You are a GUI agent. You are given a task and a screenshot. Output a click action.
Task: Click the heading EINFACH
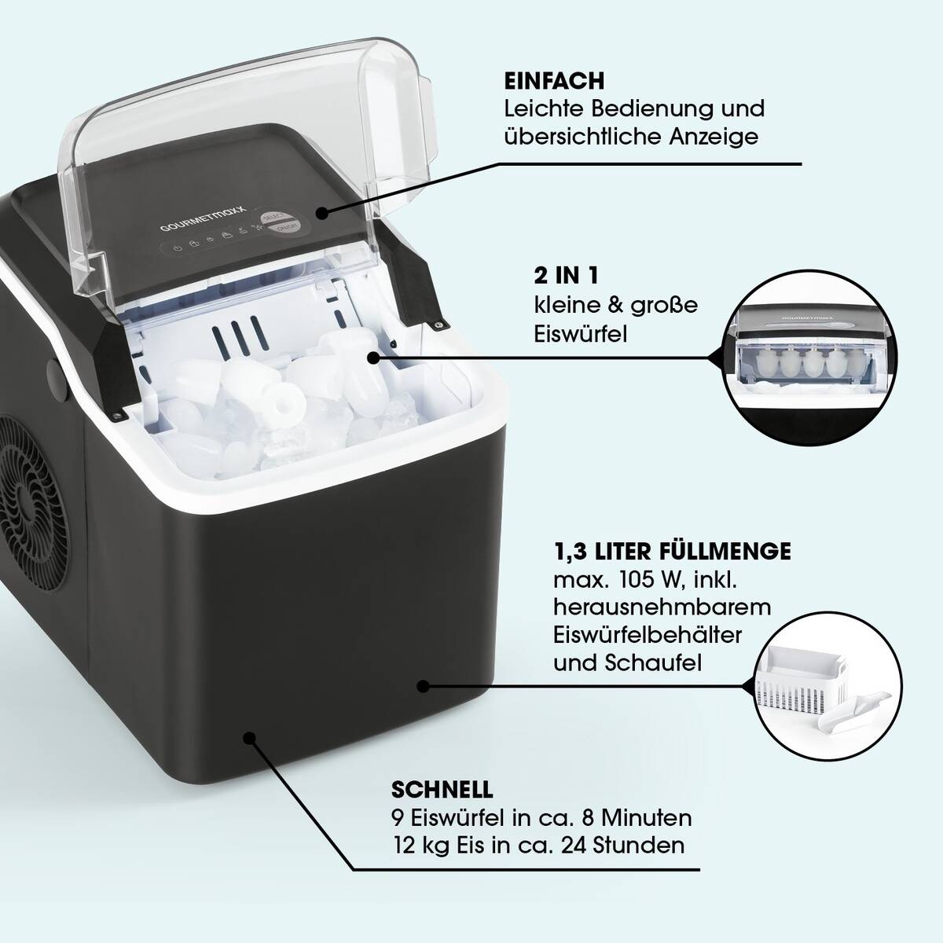555,81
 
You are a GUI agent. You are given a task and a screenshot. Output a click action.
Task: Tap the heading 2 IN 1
566,277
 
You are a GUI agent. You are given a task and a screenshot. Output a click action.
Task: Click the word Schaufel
653,663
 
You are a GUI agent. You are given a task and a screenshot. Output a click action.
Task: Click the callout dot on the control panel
321,213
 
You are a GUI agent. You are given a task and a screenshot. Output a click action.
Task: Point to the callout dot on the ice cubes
373,358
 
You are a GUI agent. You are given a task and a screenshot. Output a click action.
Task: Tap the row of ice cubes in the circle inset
804,362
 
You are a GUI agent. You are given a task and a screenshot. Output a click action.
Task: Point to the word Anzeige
714,137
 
